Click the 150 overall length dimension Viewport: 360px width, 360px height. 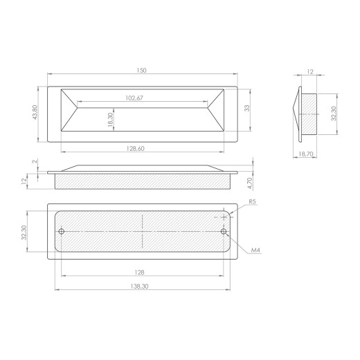(141, 71)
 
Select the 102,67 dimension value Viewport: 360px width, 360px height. (134, 98)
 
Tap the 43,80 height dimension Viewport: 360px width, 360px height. (35, 112)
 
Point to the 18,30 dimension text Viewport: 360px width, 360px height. (111, 120)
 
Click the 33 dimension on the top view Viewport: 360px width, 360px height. (247, 108)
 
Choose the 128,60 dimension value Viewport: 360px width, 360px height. (136, 149)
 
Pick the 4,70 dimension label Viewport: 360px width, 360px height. (250, 183)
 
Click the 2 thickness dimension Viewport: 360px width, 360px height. (35, 161)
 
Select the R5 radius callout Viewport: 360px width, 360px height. (253, 201)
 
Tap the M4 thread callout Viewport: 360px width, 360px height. (255, 250)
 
